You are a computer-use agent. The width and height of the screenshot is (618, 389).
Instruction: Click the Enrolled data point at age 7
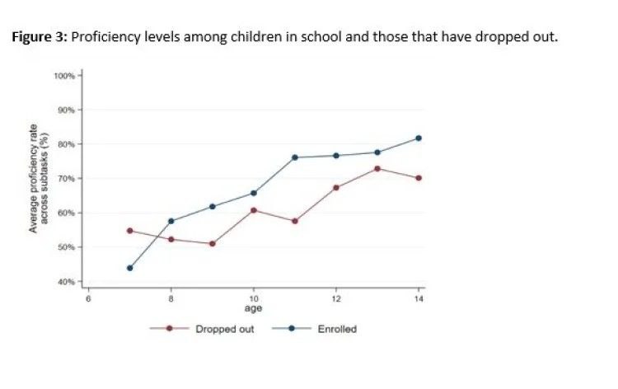[130, 268]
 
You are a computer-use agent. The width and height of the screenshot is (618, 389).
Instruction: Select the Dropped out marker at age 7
[130, 231]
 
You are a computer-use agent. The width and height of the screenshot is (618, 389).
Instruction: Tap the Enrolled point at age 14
[419, 138]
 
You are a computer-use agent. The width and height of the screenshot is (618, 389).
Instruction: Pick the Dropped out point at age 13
[377, 169]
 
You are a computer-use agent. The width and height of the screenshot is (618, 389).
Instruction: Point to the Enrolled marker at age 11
[295, 157]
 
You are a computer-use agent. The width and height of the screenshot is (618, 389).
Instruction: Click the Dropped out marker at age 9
[213, 244]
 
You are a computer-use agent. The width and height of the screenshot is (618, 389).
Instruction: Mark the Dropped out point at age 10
[254, 210]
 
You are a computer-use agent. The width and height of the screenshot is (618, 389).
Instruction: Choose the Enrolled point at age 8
[171, 221]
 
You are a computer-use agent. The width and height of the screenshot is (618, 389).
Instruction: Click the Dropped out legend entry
[224, 329]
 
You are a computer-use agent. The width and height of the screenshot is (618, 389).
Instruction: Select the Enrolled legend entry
[337, 329]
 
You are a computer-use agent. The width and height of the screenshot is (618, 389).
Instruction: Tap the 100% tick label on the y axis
[64, 76]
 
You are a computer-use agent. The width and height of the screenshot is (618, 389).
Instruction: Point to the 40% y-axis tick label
[66, 282]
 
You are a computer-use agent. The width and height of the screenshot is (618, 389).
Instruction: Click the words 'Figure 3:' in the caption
[40, 37]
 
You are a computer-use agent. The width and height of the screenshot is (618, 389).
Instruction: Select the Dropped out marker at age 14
[419, 178]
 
